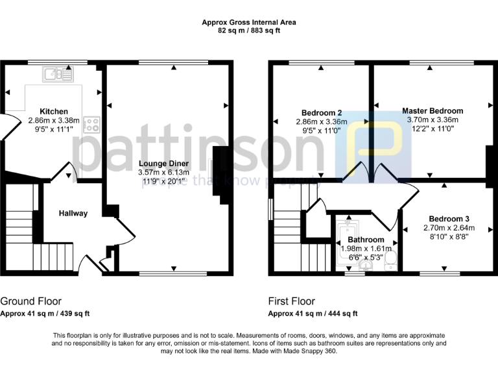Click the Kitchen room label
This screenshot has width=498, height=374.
pyautogui.click(x=53, y=111)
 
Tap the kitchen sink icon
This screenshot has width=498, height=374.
pyautogui.click(x=58, y=75)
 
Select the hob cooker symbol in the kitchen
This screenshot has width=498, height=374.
pyautogui.click(x=92, y=123)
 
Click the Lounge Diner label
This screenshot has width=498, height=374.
pyautogui.click(x=163, y=163)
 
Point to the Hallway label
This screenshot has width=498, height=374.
pyautogui.click(x=73, y=213)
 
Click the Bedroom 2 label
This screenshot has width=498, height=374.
pyautogui.click(x=322, y=112)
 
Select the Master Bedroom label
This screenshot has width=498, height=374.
pyautogui.click(x=433, y=110)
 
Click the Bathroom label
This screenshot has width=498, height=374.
pyautogui.click(x=366, y=240)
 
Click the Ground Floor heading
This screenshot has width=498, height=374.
pyautogui.click(x=31, y=301)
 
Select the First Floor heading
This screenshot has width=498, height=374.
pyautogui.click(x=292, y=301)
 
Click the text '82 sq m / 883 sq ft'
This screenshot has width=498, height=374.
pyautogui.click(x=249, y=31)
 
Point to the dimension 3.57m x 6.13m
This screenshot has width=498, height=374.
pyautogui.click(x=163, y=172)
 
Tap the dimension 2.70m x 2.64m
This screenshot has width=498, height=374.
pyautogui.click(x=449, y=228)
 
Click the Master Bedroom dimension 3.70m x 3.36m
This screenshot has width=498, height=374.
pyautogui.click(x=433, y=119)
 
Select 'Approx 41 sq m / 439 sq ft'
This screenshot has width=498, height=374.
pyautogui.click(x=45, y=314)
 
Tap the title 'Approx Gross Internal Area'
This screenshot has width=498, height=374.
pyautogui.click(x=249, y=21)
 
